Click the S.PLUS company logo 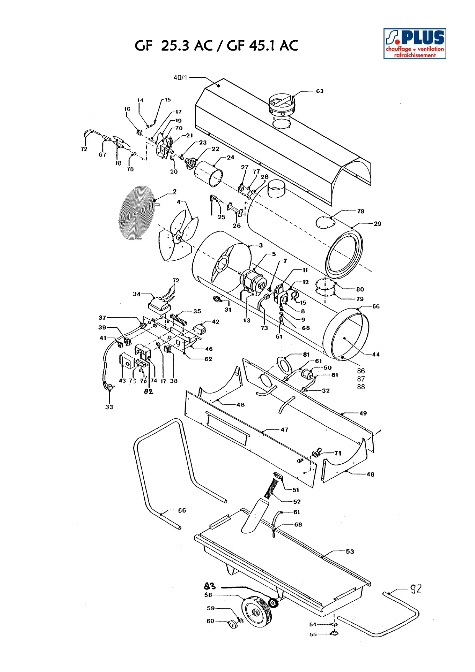coord(415,43)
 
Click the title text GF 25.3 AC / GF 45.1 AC coord(216,46)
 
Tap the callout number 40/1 coord(180,77)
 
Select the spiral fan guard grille coord(137,213)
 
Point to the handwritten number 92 coord(416,588)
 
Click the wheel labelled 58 coord(257,612)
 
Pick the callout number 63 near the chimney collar coord(320,91)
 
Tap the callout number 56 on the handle coord(182,510)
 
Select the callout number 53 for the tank coord(350,551)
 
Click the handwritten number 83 coord(210,586)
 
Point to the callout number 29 coord(377,224)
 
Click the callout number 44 coord(376,354)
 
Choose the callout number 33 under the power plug coord(109,407)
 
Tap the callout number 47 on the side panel coord(284,429)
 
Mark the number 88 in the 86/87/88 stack coord(361,387)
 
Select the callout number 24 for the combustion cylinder coord(230,157)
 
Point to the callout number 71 coord(338,453)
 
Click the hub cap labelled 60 coord(233,625)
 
